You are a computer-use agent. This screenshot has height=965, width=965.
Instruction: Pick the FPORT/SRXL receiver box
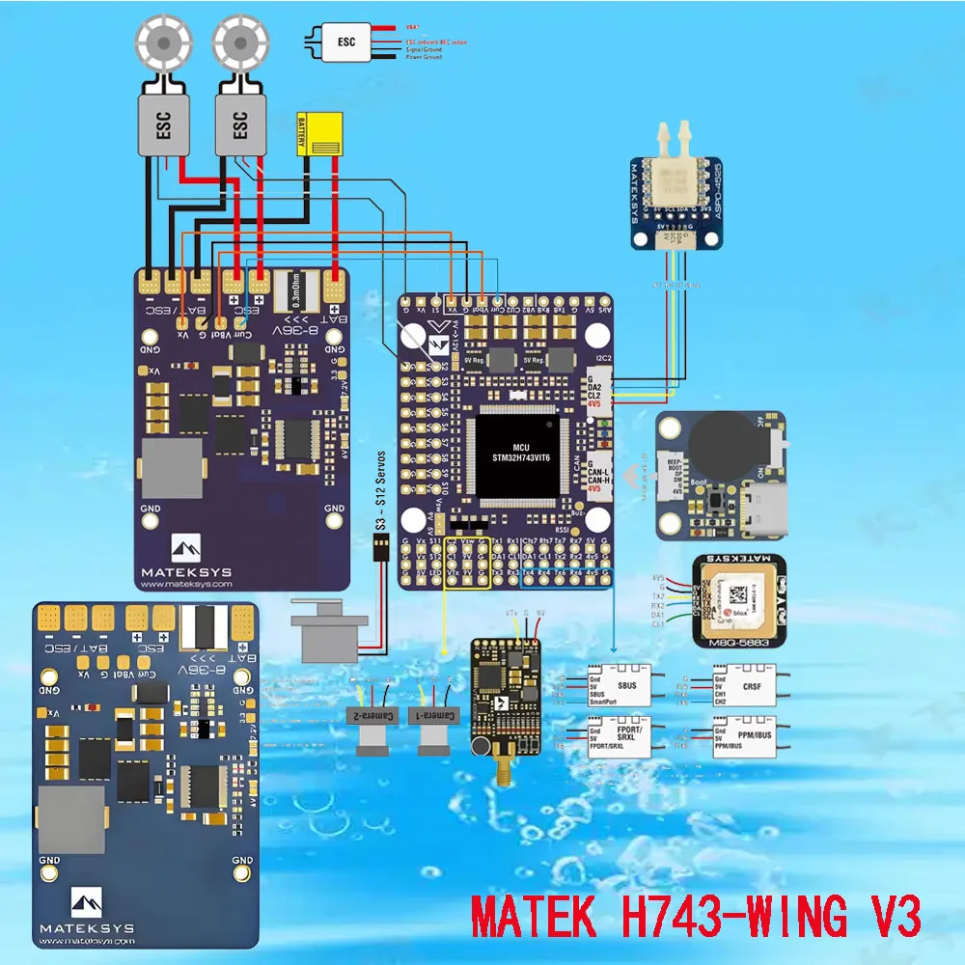pos(624,740)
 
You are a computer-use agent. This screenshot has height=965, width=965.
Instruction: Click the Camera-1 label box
pos(436,715)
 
